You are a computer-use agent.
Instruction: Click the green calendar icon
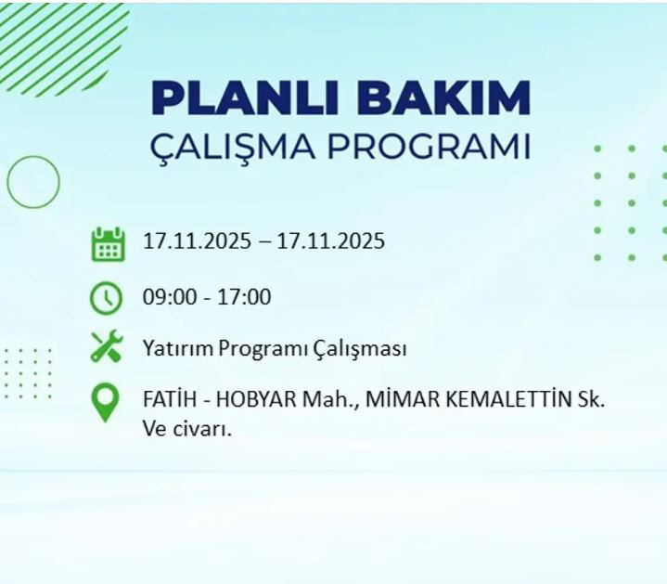click(x=107, y=243)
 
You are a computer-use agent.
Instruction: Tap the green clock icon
click(x=107, y=298)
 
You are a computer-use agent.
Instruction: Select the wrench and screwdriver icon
click(x=107, y=348)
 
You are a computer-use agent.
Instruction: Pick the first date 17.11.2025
click(x=197, y=242)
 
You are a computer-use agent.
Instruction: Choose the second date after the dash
click(x=330, y=242)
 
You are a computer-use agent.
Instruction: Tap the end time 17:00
click(x=244, y=297)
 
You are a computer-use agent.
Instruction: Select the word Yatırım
click(x=177, y=349)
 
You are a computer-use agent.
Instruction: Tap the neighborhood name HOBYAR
click(x=258, y=400)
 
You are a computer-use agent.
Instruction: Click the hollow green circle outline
click(x=32, y=182)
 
